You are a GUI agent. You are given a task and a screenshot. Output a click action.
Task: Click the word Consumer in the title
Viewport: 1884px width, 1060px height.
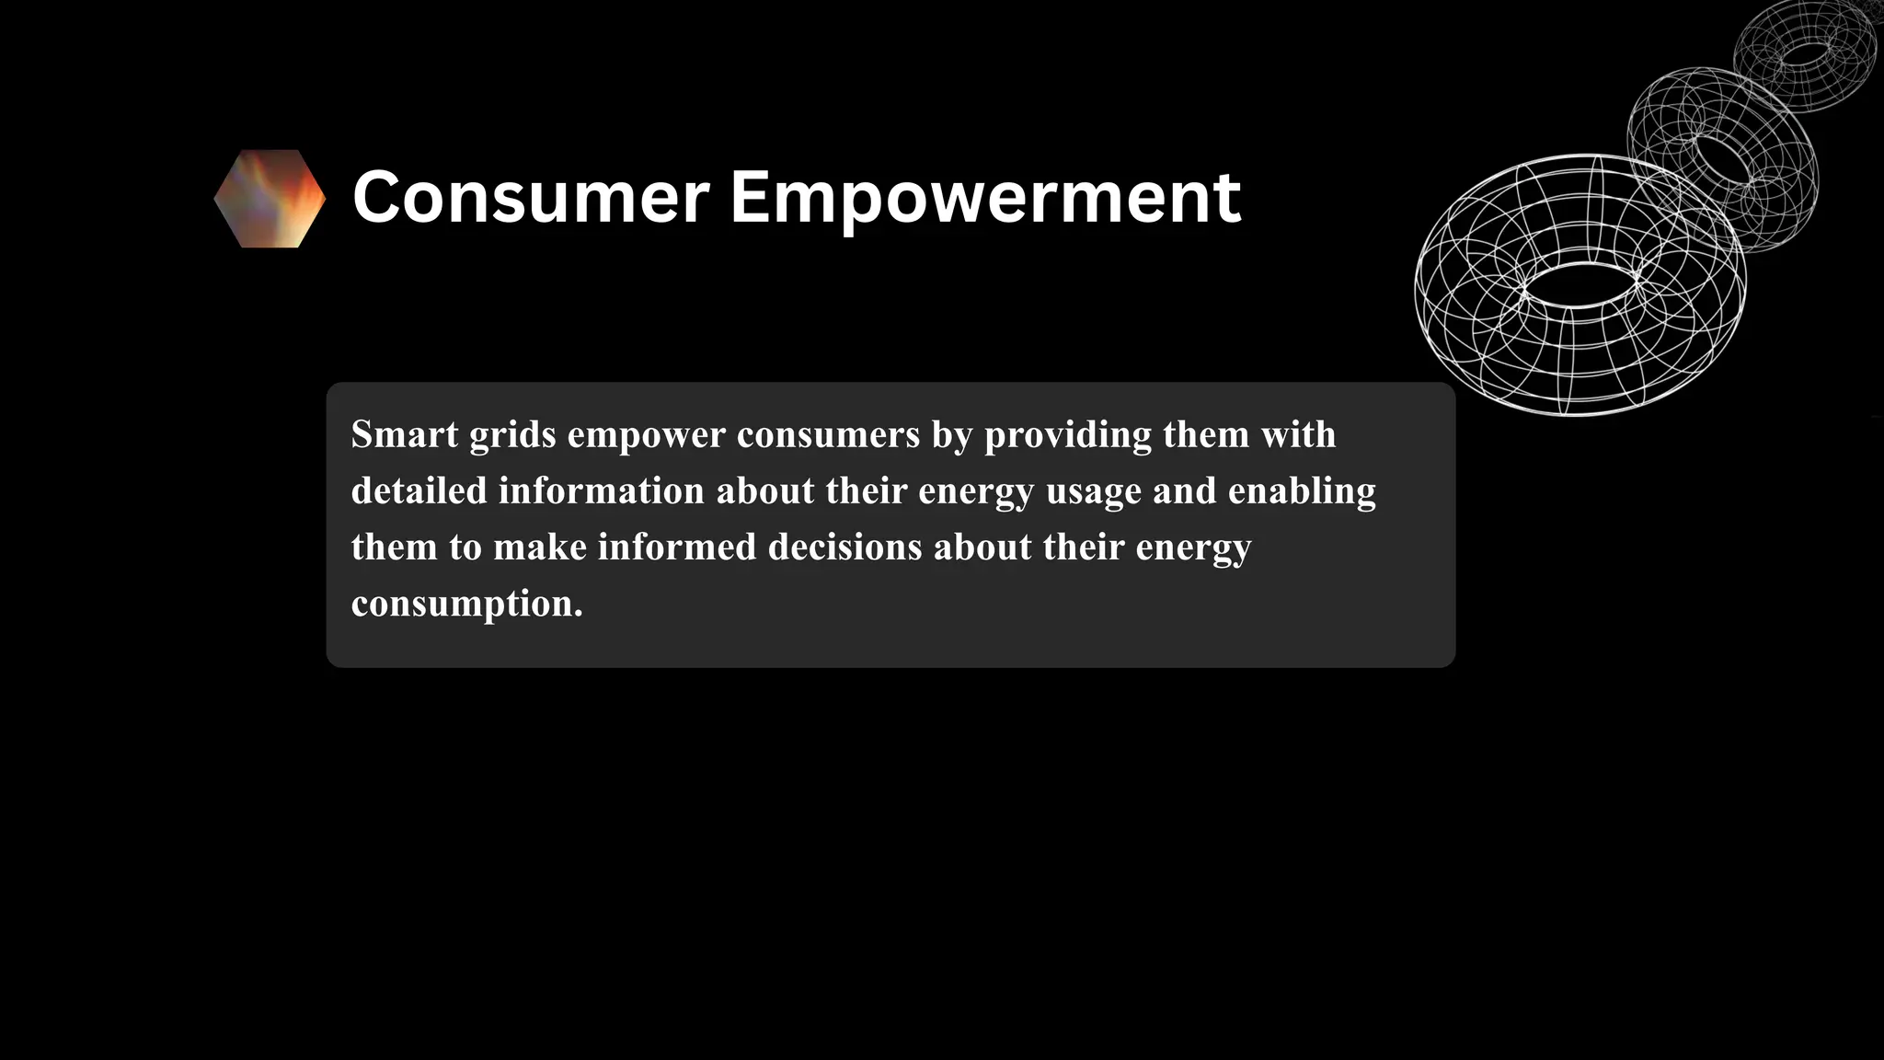(x=531, y=197)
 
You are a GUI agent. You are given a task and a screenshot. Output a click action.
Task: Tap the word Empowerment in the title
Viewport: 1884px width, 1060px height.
(x=984, y=197)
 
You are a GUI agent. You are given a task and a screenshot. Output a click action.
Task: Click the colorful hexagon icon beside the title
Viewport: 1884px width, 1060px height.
(x=270, y=199)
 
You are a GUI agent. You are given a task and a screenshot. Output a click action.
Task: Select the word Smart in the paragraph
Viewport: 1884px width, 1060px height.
(x=405, y=434)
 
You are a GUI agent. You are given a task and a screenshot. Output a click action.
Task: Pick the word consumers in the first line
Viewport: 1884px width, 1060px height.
(x=828, y=435)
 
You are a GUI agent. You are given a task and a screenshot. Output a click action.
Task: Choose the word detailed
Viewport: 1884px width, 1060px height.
(x=419, y=490)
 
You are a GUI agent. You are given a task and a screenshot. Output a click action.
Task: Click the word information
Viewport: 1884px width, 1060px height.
(x=601, y=490)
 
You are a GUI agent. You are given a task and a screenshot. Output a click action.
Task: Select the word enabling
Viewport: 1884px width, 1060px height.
(x=1302, y=491)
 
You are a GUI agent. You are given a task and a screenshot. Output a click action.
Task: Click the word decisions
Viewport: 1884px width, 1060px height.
(x=844, y=547)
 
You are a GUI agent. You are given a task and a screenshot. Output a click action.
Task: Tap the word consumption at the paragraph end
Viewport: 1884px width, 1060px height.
(x=466, y=605)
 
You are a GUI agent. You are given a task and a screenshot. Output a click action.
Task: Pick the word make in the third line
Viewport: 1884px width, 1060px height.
(x=539, y=547)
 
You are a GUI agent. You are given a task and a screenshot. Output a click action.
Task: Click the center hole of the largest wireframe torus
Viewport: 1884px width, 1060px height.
(x=1580, y=285)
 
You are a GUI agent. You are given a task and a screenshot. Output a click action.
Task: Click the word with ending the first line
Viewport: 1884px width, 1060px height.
(x=1298, y=434)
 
